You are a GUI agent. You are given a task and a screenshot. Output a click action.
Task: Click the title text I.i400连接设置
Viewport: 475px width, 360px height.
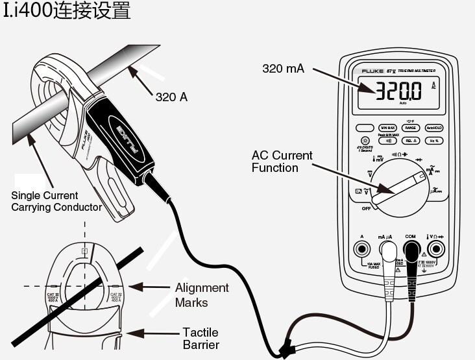coord(67,11)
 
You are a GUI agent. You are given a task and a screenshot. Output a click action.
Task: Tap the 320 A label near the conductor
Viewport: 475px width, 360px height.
coord(172,97)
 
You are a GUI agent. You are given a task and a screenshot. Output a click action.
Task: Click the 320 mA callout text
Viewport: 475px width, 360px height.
coord(284,68)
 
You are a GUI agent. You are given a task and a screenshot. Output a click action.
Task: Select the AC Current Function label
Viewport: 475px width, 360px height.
coord(282,162)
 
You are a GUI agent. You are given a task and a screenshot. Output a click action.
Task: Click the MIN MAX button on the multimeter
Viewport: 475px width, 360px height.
coord(389,128)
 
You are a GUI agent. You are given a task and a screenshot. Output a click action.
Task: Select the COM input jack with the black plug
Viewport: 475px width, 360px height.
coord(411,248)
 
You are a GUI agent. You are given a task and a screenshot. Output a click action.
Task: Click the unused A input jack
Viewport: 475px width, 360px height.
coord(361,249)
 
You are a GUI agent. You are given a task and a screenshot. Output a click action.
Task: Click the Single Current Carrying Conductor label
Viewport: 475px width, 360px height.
coord(56,201)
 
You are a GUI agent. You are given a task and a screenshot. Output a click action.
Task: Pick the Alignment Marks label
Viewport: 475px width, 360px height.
coord(202,295)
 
